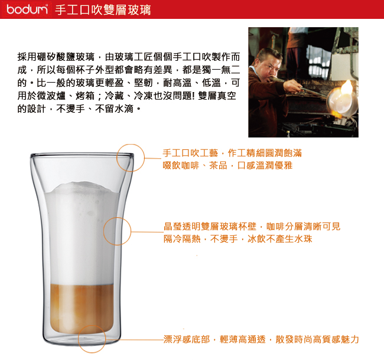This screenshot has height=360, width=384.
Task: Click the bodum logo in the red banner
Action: [27, 9]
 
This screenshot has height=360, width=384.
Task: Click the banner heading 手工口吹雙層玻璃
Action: [103, 10]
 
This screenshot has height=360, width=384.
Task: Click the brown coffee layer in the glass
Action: [82, 308]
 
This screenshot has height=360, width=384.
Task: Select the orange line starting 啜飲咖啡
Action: [227, 166]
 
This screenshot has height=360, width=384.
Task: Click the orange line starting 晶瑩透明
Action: [252, 227]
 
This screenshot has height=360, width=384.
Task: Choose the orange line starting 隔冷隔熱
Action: [238, 239]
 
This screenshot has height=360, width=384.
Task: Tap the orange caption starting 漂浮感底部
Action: [261, 339]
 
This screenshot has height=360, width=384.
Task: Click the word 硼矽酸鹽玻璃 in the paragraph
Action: [66, 57]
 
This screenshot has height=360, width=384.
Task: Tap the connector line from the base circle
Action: [135, 340]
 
